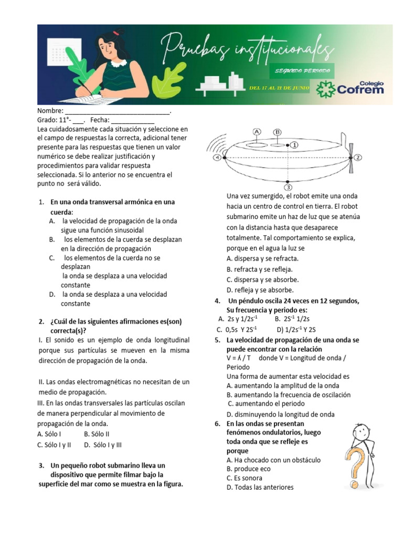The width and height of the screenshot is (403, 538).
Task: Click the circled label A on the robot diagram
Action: click(x=257, y=131)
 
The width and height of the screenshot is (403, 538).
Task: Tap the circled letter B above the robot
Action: click(x=278, y=132)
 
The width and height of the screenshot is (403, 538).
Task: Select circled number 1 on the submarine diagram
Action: click(x=294, y=144)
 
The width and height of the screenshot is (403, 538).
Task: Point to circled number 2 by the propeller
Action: click(x=358, y=157)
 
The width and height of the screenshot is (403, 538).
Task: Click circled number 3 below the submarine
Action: click(x=288, y=187)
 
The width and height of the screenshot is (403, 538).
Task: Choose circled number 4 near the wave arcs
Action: click(x=217, y=157)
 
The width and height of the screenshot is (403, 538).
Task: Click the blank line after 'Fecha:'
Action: click(x=133, y=120)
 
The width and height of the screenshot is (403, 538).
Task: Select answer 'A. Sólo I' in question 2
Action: click(x=49, y=434)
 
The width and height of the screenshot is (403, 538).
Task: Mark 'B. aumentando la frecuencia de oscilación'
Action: click(x=288, y=395)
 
